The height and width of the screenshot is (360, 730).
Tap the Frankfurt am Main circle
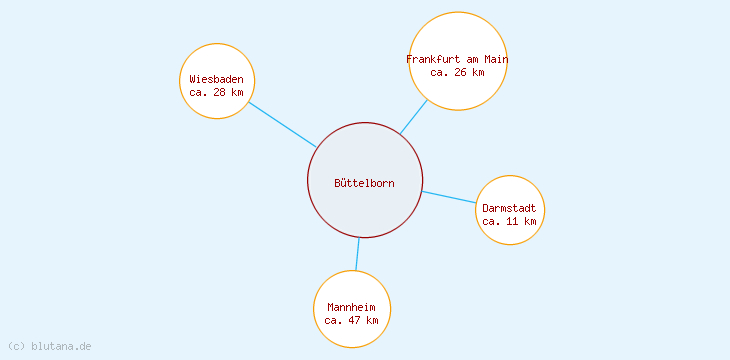click(x=458, y=40)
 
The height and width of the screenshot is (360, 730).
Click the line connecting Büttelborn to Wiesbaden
click(x=282, y=124)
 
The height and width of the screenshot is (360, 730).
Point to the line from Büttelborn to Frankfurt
click(x=414, y=116)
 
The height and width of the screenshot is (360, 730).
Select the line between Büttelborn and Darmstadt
click(x=449, y=197)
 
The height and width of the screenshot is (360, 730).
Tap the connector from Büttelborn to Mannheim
click(x=357, y=254)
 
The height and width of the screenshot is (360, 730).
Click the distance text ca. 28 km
click(x=217, y=92)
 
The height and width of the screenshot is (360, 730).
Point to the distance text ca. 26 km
click(x=458, y=72)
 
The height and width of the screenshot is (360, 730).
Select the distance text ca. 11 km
click(x=510, y=221)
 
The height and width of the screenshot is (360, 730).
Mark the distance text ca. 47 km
click(x=352, y=320)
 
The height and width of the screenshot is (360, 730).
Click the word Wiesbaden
click(x=217, y=79)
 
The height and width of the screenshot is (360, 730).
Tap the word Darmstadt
click(x=510, y=208)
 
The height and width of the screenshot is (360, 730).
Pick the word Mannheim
click(x=352, y=307)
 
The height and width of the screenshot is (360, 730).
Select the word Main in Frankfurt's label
click(x=496, y=59)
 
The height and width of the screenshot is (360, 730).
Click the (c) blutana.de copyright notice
click(x=49, y=346)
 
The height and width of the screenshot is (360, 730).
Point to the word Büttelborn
click(x=364, y=183)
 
